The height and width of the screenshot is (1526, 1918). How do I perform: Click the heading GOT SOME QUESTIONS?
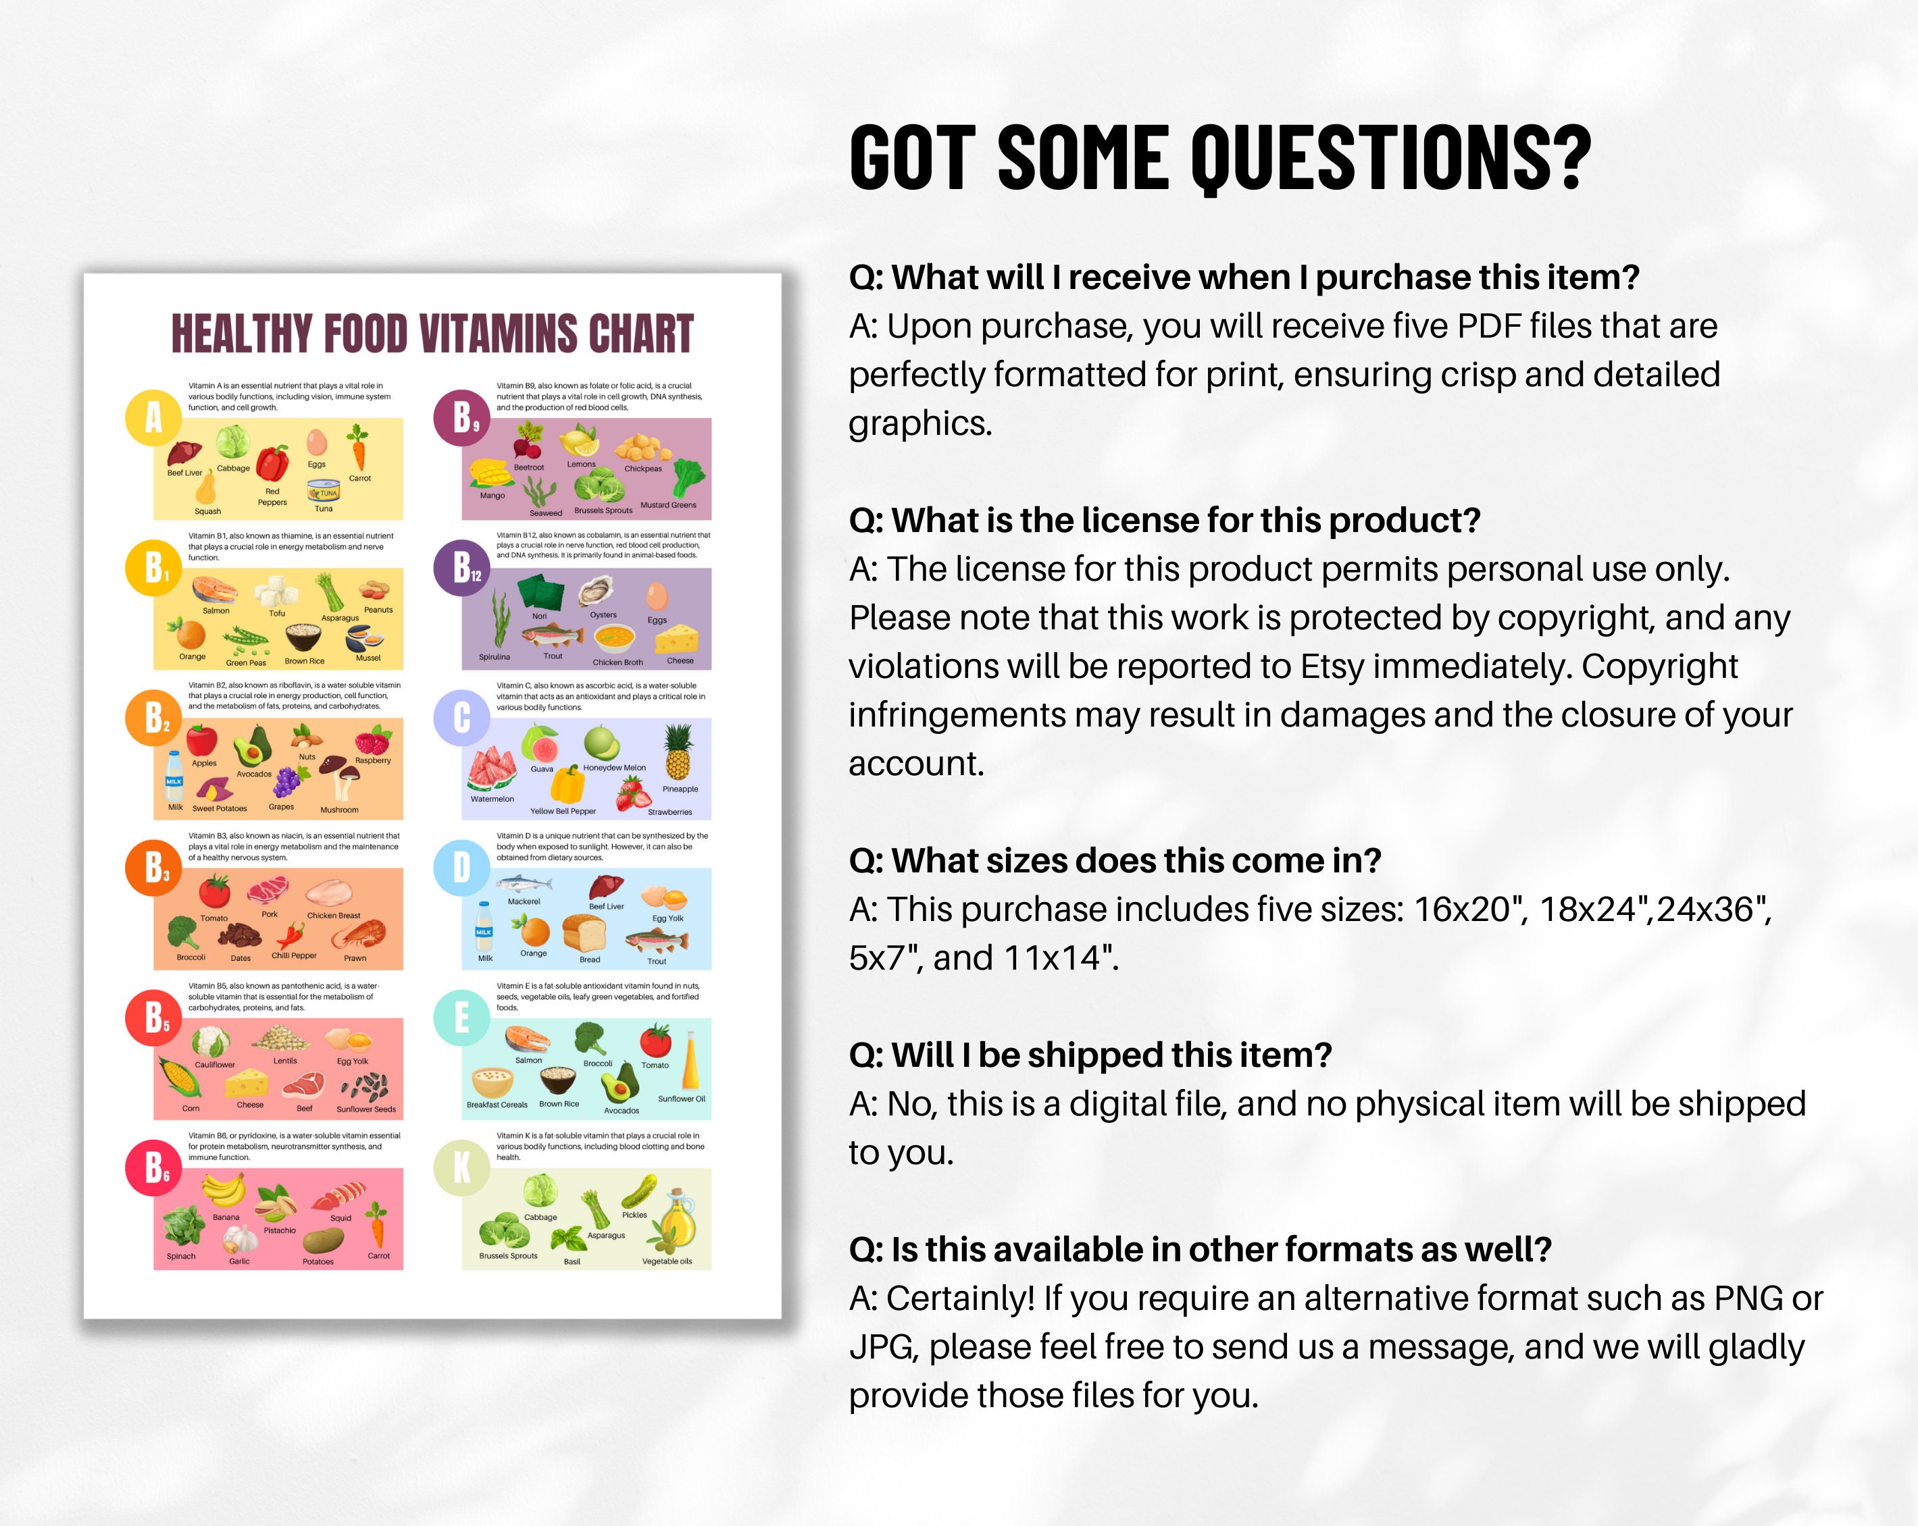tap(1219, 157)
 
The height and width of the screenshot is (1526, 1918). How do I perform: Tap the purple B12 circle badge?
tap(461, 567)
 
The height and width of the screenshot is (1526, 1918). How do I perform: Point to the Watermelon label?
tap(492, 799)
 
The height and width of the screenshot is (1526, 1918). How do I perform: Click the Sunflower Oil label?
tap(682, 1099)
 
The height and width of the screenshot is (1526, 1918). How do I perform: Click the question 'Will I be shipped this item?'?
tap(1090, 1055)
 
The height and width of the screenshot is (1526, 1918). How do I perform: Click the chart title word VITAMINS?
tap(498, 334)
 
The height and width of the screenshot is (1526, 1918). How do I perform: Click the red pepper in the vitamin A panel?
tap(272, 463)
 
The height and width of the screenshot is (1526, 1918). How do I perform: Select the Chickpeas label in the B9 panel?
tap(642, 469)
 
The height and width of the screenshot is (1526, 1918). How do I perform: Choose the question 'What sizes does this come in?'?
tap(1114, 861)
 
